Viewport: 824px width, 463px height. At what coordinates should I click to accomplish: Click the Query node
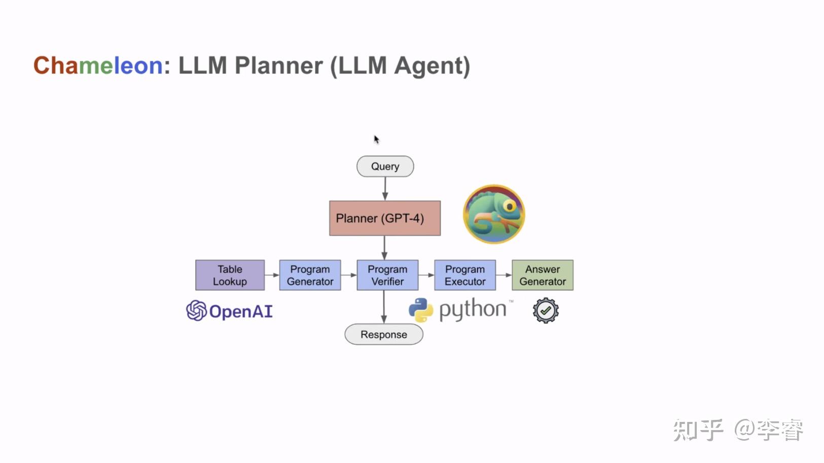(385, 166)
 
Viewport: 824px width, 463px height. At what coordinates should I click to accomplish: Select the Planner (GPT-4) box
(384, 218)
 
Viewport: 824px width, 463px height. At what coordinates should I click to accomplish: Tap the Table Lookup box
(230, 275)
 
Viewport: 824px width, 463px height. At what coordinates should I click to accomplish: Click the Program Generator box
(310, 275)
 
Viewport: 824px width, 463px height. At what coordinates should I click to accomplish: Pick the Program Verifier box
(387, 275)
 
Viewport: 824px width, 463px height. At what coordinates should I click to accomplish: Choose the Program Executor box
(465, 275)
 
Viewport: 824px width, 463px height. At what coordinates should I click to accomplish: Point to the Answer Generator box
(542, 275)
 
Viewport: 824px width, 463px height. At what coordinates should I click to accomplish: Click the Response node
(384, 335)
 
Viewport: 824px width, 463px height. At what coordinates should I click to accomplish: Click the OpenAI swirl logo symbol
(196, 310)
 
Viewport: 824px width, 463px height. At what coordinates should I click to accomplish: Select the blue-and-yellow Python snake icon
(421, 310)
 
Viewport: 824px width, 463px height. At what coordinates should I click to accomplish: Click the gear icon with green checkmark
(546, 310)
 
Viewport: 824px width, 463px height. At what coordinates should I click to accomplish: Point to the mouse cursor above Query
(376, 139)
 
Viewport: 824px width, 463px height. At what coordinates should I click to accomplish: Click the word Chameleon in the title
(98, 66)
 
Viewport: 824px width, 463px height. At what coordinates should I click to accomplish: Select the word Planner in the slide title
(278, 66)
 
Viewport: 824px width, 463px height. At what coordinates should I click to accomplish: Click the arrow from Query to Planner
(385, 189)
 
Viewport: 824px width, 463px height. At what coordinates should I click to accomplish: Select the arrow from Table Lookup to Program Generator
(272, 275)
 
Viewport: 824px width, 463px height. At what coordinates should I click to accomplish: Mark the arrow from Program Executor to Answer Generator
(504, 275)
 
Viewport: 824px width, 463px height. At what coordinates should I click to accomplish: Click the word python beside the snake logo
(472, 310)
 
